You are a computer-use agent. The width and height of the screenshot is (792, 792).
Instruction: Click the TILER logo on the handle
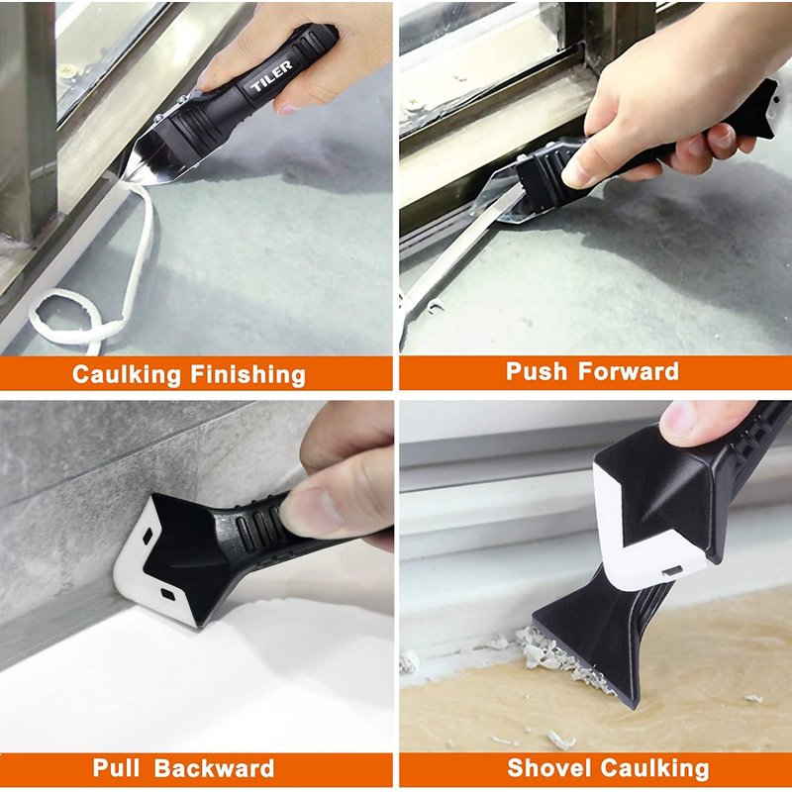(271, 76)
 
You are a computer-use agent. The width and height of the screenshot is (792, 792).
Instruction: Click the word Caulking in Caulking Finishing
(127, 375)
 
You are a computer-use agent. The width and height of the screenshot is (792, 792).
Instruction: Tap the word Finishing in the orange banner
(248, 375)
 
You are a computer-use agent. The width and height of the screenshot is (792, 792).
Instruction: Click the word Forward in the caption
(629, 371)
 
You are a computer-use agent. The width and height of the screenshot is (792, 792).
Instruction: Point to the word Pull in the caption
(116, 768)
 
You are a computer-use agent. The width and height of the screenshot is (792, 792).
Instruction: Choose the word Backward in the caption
(214, 768)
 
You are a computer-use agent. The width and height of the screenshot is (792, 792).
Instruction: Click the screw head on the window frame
(66, 70)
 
